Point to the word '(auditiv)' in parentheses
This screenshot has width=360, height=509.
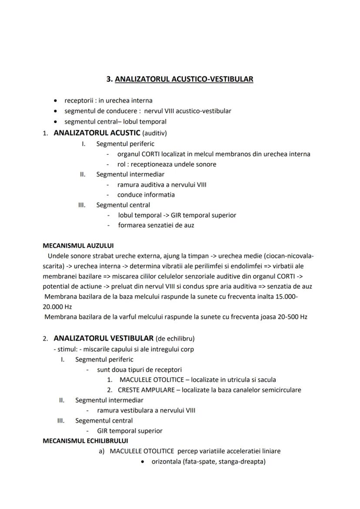click(x=154, y=133)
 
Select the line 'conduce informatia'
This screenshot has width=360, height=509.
click(x=146, y=195)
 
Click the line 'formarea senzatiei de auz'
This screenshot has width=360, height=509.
click(x=156, y=225)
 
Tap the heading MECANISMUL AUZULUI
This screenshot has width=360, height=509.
click(x=78, y=246)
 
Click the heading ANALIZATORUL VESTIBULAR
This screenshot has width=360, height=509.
click(x=103, y=338)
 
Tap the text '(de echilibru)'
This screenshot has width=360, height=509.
click(x=175, y=339)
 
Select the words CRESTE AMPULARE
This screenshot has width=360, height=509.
click(x=146, y=390)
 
